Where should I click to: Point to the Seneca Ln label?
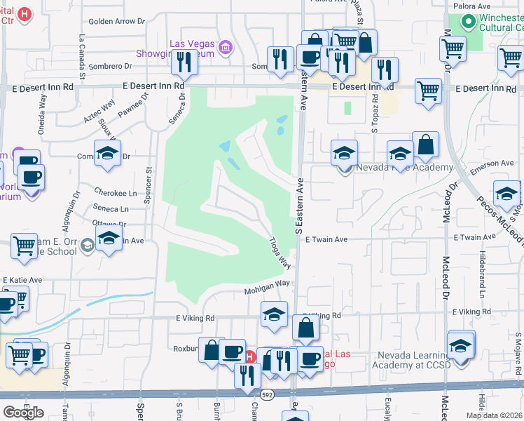pyautogui.click(x=110, y=208)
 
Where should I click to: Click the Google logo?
pyautogui.click(x=23, y=412)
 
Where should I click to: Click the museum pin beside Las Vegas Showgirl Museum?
pyautogui.click(x=225, y=47)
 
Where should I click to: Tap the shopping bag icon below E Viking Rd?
pyautogui.click(x=306, y=328)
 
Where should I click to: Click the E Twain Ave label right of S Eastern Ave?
pyautogui.click(x=326, y=239)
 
